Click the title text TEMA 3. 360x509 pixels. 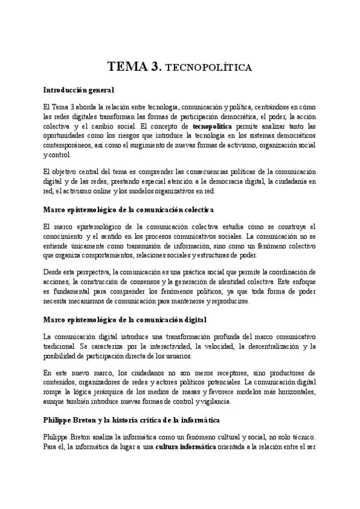pyautogui.click(x=133, y=66)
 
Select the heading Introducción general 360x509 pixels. pyautogui.click(x=79, y=90)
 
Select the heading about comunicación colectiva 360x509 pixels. pyautogui.click(x=129, y=209)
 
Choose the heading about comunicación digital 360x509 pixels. pyautogui.click(x=125, y=319)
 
